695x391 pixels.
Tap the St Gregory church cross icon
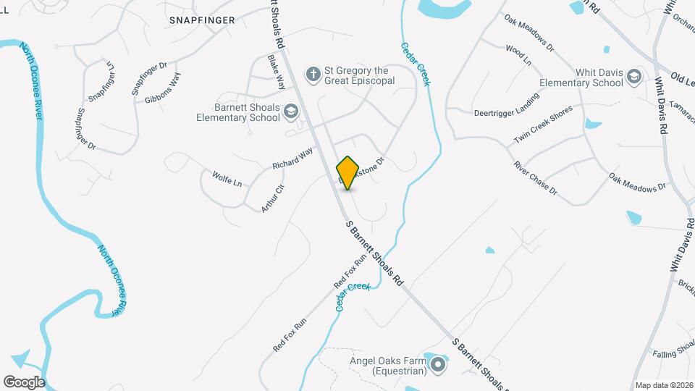point(313,73)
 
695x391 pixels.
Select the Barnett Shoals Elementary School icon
point(290,111)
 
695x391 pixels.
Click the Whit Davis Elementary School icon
point(634,76)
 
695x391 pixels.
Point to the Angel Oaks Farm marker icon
point(437,364)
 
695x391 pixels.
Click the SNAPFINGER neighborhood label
point(202,20)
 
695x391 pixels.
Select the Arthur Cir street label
point(273,198)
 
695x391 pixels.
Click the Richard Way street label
point(292,159)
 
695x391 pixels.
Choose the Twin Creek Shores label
point(543,124)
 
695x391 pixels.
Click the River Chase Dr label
point(536,178)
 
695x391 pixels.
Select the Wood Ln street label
point(518,56)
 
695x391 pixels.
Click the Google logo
point(24,382)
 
